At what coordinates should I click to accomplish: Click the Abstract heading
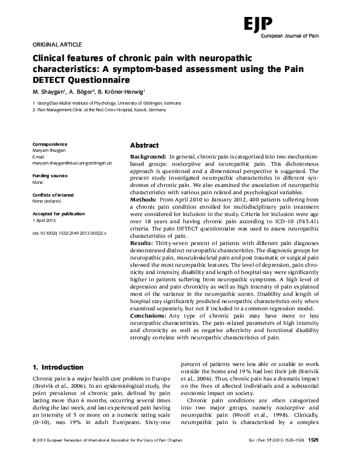145,146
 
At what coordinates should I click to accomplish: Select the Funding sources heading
50,175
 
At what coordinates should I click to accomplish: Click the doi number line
68,232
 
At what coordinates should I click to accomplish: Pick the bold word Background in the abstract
149,157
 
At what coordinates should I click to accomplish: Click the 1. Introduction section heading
57,367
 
